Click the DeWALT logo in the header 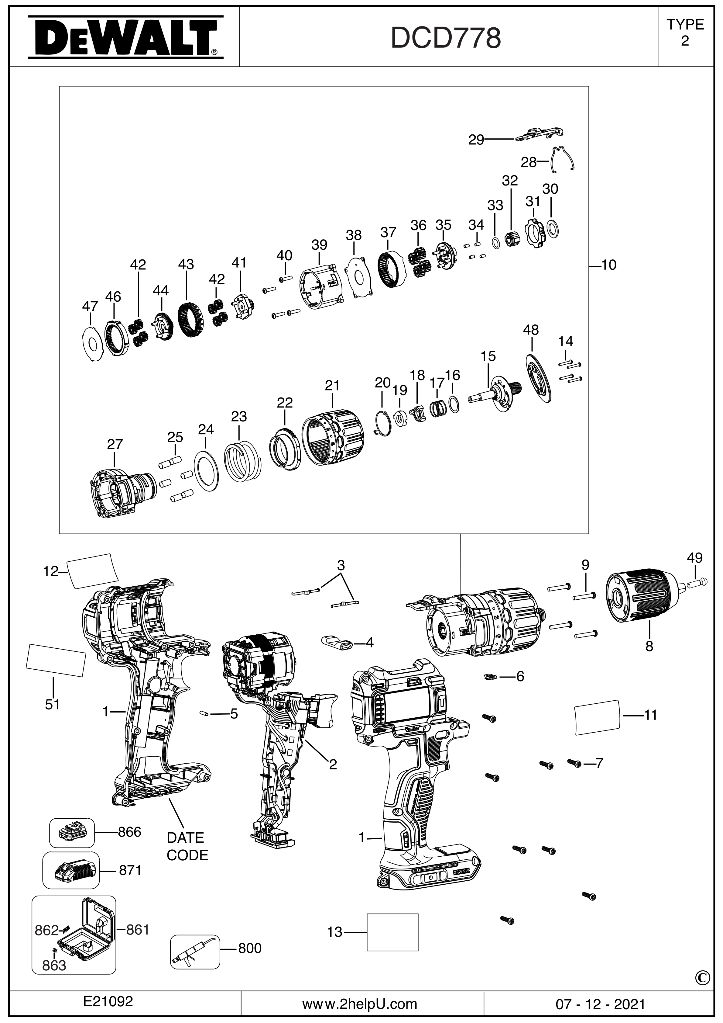pyautogui.click(x=125, y=37)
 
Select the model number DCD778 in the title pyautogui.click(x=446, y=38)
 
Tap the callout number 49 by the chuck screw pyautogui.click(x=694, y=558)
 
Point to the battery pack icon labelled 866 pyautogui.click(x=71, y=832)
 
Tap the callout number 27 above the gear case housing pyautogui.click(x=115, y=445)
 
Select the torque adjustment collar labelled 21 pyautogui.click(x=333, y=437)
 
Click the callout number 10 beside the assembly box pyautogui.click(x=608, y=265)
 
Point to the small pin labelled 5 pyautogui.click(x=204, y=713)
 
